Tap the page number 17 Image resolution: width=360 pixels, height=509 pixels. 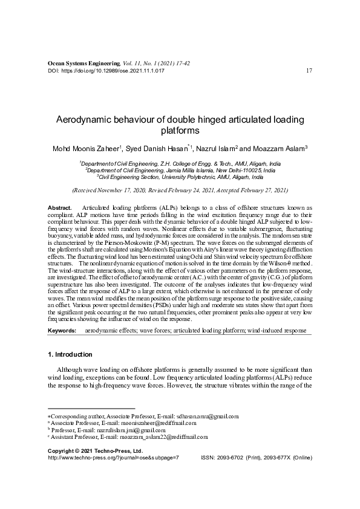point(309,71)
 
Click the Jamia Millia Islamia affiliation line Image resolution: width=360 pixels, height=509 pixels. point(180,170)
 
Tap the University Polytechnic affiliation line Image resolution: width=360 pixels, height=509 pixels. point(180,178)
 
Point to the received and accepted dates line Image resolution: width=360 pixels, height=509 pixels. point(180,190)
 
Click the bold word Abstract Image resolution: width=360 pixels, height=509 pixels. point(59,207)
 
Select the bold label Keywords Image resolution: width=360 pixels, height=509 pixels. point(62,332)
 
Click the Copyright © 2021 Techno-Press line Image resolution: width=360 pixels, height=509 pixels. point(95,452)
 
